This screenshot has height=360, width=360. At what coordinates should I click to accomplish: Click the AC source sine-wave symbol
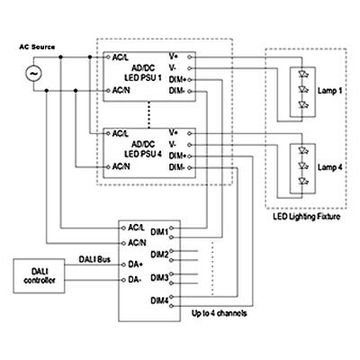click(33, 74)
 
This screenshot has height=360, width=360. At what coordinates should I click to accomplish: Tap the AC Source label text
click(37, 47)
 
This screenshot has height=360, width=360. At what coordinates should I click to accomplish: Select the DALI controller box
click(39, 276)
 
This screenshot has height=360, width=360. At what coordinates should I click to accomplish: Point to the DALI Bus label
click(94, 259)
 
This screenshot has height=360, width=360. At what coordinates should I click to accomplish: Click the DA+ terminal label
click(135, 265)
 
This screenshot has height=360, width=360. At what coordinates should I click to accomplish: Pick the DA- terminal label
click(134, 280)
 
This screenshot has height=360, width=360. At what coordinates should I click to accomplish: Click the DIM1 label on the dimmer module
click(159, 232)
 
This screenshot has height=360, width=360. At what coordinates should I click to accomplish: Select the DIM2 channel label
click(159, 255)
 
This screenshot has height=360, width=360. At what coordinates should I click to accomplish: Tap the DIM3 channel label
click(159, 278)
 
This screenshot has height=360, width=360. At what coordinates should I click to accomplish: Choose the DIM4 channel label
click(159, 301)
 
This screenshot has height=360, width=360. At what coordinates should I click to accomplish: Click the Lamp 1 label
click(329, 91)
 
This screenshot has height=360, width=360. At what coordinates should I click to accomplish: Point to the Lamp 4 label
click(329, 167)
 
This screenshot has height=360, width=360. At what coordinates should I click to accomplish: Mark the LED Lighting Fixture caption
click(307, 217)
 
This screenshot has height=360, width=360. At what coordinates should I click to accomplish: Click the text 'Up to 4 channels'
click(220, 313)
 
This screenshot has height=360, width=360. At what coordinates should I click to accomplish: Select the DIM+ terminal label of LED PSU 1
click(177, 80)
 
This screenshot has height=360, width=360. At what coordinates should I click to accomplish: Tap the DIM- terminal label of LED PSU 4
click(176, 167)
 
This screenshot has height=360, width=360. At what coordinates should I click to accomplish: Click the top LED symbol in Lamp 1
click(302, 74)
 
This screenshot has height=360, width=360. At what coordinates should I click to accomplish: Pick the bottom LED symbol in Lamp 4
click(302, 181)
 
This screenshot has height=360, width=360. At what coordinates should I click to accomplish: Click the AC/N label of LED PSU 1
click(121, 90)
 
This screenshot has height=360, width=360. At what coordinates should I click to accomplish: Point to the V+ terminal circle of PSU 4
click(189, 133)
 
